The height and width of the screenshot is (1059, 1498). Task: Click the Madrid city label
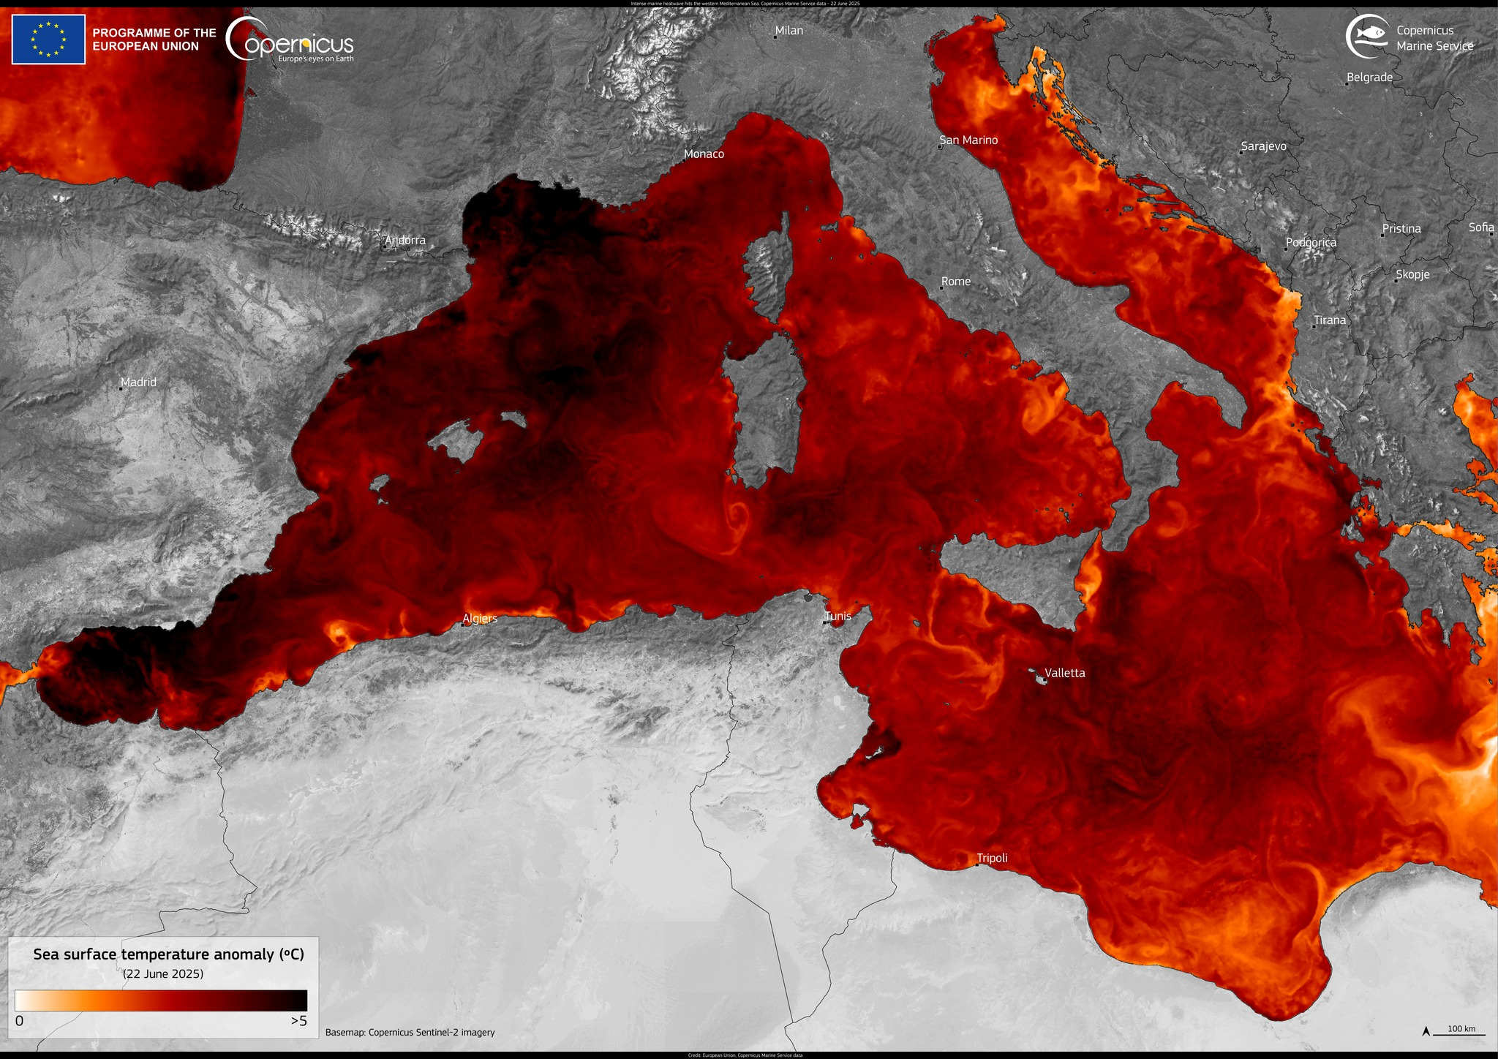[138, 382]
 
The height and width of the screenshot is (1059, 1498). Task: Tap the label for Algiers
[480, 619]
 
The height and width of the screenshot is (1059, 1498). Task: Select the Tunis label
[838, 616]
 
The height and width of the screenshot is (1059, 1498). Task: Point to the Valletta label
[1064, 673]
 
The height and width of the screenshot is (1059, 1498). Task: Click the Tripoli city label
[992, 858]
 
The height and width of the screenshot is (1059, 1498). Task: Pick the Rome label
[956, 282]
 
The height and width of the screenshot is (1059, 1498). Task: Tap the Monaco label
[704, 154]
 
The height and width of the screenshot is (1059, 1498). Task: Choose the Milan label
[788, 31]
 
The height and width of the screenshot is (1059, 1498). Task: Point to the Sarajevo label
[1263, 146]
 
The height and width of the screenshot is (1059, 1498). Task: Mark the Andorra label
[405, 240]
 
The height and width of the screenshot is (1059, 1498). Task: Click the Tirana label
[1330, 320]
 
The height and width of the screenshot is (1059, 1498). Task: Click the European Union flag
[48, 39]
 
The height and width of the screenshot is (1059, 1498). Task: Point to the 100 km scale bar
[1461, 1031]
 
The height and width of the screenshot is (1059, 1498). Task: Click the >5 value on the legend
[298, 1021]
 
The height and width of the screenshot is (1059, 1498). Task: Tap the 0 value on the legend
[19, 1021]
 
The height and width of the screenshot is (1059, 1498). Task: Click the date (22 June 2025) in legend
[163, 974]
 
